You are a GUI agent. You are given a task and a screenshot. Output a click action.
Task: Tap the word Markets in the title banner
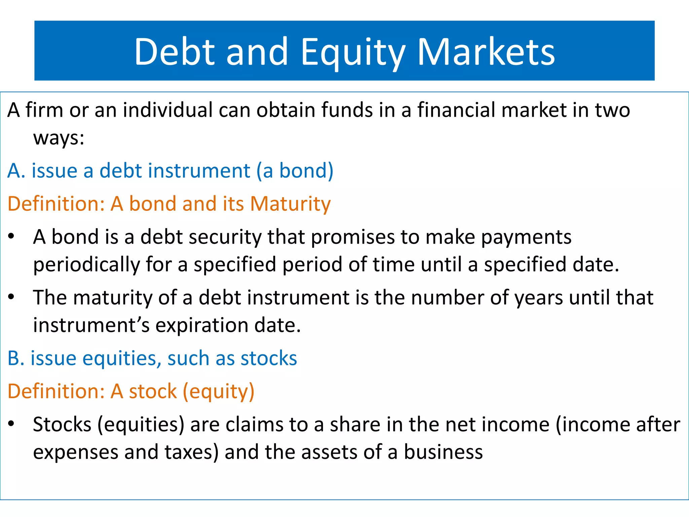coord(486,52)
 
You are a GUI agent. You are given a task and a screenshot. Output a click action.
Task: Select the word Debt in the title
coord(174,52)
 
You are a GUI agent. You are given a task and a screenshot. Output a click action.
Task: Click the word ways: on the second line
coord(59,138)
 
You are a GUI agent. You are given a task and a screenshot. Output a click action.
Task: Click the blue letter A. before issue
coord(16,171)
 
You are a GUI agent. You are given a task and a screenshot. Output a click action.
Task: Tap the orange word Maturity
coord(290,204)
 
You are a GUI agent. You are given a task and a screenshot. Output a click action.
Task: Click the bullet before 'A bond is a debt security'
coord(11,237)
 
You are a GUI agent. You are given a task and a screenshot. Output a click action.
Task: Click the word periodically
coord(86,265)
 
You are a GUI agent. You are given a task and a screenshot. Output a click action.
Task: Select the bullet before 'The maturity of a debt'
coord(11,297)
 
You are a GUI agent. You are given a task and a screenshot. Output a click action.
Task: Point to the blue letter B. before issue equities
coord(16,358)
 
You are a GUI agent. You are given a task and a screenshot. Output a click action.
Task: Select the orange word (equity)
coord(218,392)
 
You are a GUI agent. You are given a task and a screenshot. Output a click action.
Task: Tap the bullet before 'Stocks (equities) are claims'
coord(11,424)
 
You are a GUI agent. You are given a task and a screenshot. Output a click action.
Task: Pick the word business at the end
coord(443,452)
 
